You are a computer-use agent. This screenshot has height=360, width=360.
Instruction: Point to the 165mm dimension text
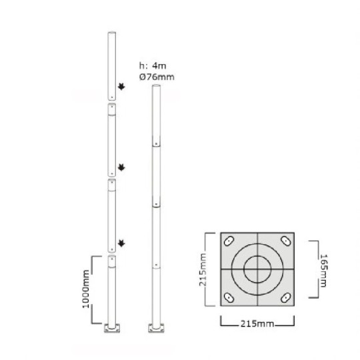[x=323, y=269]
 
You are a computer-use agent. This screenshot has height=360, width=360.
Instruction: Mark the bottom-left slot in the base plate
[x=229, y=297]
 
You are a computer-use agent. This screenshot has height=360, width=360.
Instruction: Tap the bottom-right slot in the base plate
[x=285, y=297]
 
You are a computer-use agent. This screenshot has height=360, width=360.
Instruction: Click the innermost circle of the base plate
[x=257, y=269]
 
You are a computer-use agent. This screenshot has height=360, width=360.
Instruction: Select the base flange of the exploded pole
[x=111, y=328]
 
